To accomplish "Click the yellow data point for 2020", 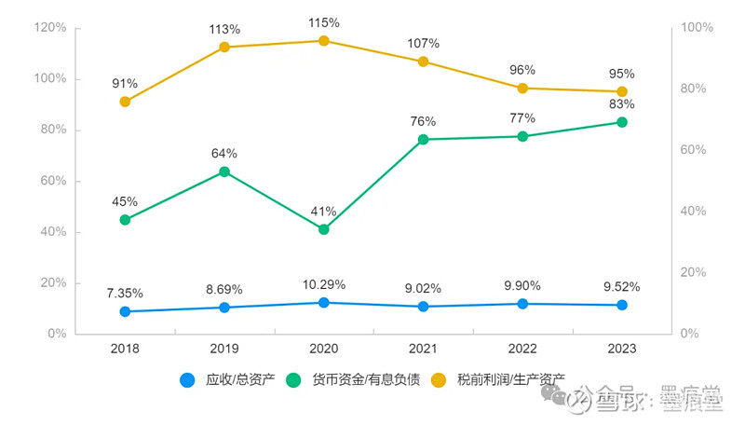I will point(324,41).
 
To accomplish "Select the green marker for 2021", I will point(423,139).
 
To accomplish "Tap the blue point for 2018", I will point(125,311).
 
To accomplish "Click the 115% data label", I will point(324,20).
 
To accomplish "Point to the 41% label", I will point(324,211).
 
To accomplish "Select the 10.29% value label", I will point(324,284).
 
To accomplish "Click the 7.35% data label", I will point(125,293).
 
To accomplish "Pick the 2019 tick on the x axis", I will point(224,349).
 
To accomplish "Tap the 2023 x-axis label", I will point(622,349).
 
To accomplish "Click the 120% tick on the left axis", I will point(50,28).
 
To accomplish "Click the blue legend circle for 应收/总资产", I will point(187,379).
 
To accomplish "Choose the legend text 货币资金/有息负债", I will point(366,379).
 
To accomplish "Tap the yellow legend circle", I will point(439,379).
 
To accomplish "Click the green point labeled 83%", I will point(622,122).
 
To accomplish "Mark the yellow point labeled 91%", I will point(125,102).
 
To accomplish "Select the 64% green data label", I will point(224,153).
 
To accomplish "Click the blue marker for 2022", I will point(522,304).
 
